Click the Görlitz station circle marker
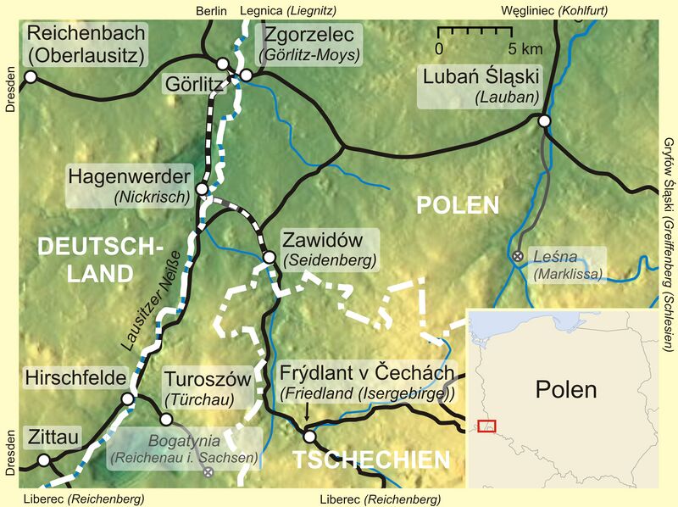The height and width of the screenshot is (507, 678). tap(223, 64)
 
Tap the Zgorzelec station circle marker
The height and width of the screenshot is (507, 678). tap(246, 76)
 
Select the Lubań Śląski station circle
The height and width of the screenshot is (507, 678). tap(545, 122)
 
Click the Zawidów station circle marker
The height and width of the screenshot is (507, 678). tap(269, 257)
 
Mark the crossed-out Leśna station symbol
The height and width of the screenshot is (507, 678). tap(518, 255)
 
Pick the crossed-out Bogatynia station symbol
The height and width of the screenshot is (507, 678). tap(208, 471)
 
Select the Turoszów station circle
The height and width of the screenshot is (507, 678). tap(166, 419)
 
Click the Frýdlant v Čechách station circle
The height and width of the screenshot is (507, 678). tap(309, 437)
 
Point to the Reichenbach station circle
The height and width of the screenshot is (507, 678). tap(31, 77)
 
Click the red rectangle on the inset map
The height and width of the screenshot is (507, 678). tap(486, 426)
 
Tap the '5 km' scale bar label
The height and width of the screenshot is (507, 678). tap(525, 47)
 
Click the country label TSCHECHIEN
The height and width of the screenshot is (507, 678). tap(371, 460)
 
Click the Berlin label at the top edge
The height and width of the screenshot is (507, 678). tap(212, 10)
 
